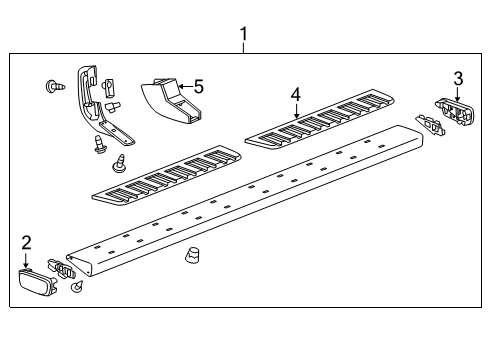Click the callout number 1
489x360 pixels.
(244, 34)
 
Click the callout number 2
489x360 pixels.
(26, 242)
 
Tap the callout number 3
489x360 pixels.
(458, 79)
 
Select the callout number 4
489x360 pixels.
(296, 94)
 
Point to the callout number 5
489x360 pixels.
(199, 87)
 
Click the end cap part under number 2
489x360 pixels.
(37, 282)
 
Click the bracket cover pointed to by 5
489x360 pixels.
(171, 100)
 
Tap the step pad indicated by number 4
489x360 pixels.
(319, 119)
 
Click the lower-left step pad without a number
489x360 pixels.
(166, 175)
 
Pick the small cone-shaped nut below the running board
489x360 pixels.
(191, 256)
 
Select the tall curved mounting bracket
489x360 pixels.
(100, 106)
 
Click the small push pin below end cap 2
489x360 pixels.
(77, 286)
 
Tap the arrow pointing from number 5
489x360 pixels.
(186, 87)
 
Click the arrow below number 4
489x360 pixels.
(297, 111)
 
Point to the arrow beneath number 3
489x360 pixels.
(458, 94)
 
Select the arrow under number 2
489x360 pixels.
(26, 260)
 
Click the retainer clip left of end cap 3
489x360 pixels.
(430, 125)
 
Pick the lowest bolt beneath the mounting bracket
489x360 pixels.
(120, 164)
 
